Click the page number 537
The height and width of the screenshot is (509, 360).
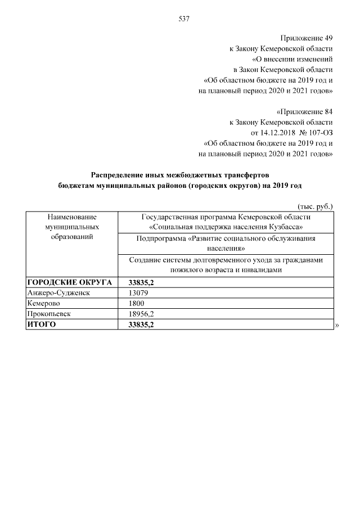coord(183,19)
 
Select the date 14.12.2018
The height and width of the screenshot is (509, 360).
coord(277,133)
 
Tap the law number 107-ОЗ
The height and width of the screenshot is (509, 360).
coord(321,133)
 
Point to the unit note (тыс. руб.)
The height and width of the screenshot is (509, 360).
coord(316,206)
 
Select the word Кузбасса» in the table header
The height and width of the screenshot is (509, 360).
coord(285,227)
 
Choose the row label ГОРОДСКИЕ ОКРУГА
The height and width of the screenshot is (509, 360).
coord(70,282)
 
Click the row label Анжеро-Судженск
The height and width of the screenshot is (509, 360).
coord(58,292)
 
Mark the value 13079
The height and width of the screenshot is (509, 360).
coord(138,292)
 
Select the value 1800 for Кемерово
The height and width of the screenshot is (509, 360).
coord(137,303)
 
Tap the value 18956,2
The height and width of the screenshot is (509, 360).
coord(142,314)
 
